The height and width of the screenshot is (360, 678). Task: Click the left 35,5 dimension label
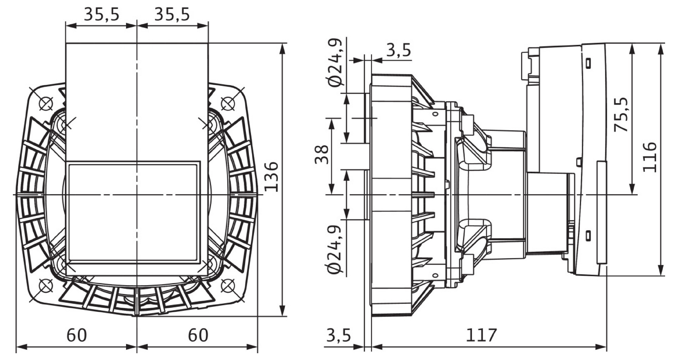pos(101,15)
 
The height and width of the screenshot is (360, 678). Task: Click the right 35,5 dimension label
pos(172,15)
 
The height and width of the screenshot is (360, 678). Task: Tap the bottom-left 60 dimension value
pos(76,336)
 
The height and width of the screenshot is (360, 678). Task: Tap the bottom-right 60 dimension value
pos(198,336)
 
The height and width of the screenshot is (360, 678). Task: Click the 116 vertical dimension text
pos(650,157)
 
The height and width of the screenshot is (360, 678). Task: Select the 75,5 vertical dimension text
pos(621,115)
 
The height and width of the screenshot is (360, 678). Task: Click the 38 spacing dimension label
pos(322,155)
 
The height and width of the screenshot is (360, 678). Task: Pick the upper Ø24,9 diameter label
pos(336,62)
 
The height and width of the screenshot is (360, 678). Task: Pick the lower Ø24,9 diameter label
pos(336,249)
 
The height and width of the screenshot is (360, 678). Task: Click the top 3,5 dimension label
pos(398,50)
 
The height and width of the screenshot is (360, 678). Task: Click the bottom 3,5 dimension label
pos(338,336)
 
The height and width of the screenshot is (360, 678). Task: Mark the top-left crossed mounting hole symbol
pos(46,103)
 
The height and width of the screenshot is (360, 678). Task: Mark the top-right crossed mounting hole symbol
pos(228,103)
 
